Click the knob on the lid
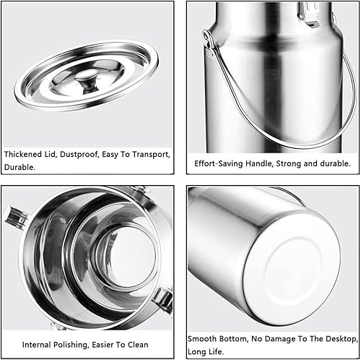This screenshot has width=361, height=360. tap(86, 82)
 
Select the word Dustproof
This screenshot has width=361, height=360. tap(79, 155)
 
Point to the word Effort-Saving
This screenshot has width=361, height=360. tap(219, 163)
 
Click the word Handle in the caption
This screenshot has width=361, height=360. tap(259, 163)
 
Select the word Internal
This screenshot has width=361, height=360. tap(37, 345)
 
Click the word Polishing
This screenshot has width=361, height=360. tap(71, 345)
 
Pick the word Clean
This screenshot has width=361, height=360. tap(138, 345)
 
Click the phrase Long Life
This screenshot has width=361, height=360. tap(206, 351)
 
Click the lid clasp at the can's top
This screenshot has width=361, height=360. tap(308, 14)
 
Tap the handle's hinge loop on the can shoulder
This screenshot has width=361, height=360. tap(209, 38)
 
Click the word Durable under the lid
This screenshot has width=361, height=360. tap(19, 167)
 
